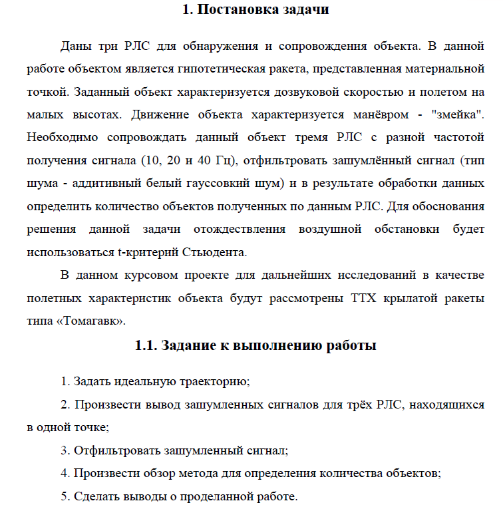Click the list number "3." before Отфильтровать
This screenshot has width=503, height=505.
pos(65,450)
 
